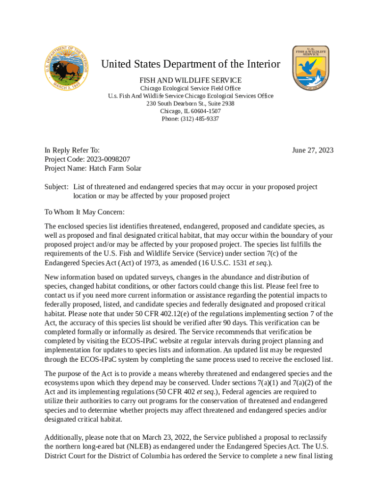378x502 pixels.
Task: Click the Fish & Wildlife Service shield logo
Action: coord(310,68)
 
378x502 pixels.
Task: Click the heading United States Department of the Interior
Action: coord(190,64)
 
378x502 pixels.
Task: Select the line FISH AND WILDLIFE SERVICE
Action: coord(190,80)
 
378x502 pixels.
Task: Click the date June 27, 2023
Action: coord(312,150)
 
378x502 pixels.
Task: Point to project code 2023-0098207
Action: coord(108,159)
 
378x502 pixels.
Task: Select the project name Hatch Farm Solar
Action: coord(115,169)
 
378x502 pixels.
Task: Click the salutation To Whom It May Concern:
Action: coord(85,212)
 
